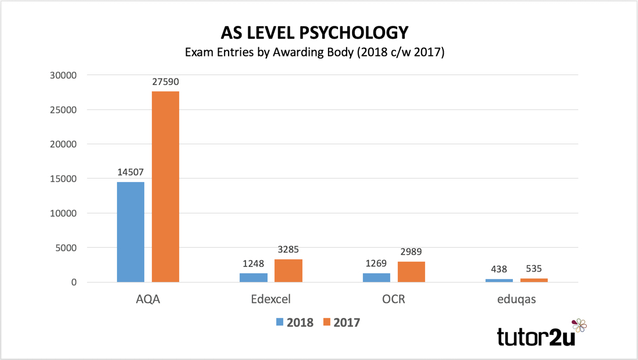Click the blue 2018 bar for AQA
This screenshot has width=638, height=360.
tap(130, 232)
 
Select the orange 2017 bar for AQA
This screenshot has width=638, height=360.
tap(165, 187)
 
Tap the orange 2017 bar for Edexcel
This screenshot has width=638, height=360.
tap(288, 270)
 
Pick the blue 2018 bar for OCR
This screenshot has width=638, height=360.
tap(376, 277)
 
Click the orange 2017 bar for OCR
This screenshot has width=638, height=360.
tap(411, 272)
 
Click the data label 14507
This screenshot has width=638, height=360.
tap(130, 173)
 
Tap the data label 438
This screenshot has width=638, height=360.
tap(499, 270)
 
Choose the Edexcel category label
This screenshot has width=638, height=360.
tap(270, 300)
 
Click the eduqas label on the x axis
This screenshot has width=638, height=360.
tap(516, 300)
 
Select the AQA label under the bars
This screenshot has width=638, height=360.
tap(148, 300)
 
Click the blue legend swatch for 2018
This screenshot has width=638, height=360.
tap(279, 322)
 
